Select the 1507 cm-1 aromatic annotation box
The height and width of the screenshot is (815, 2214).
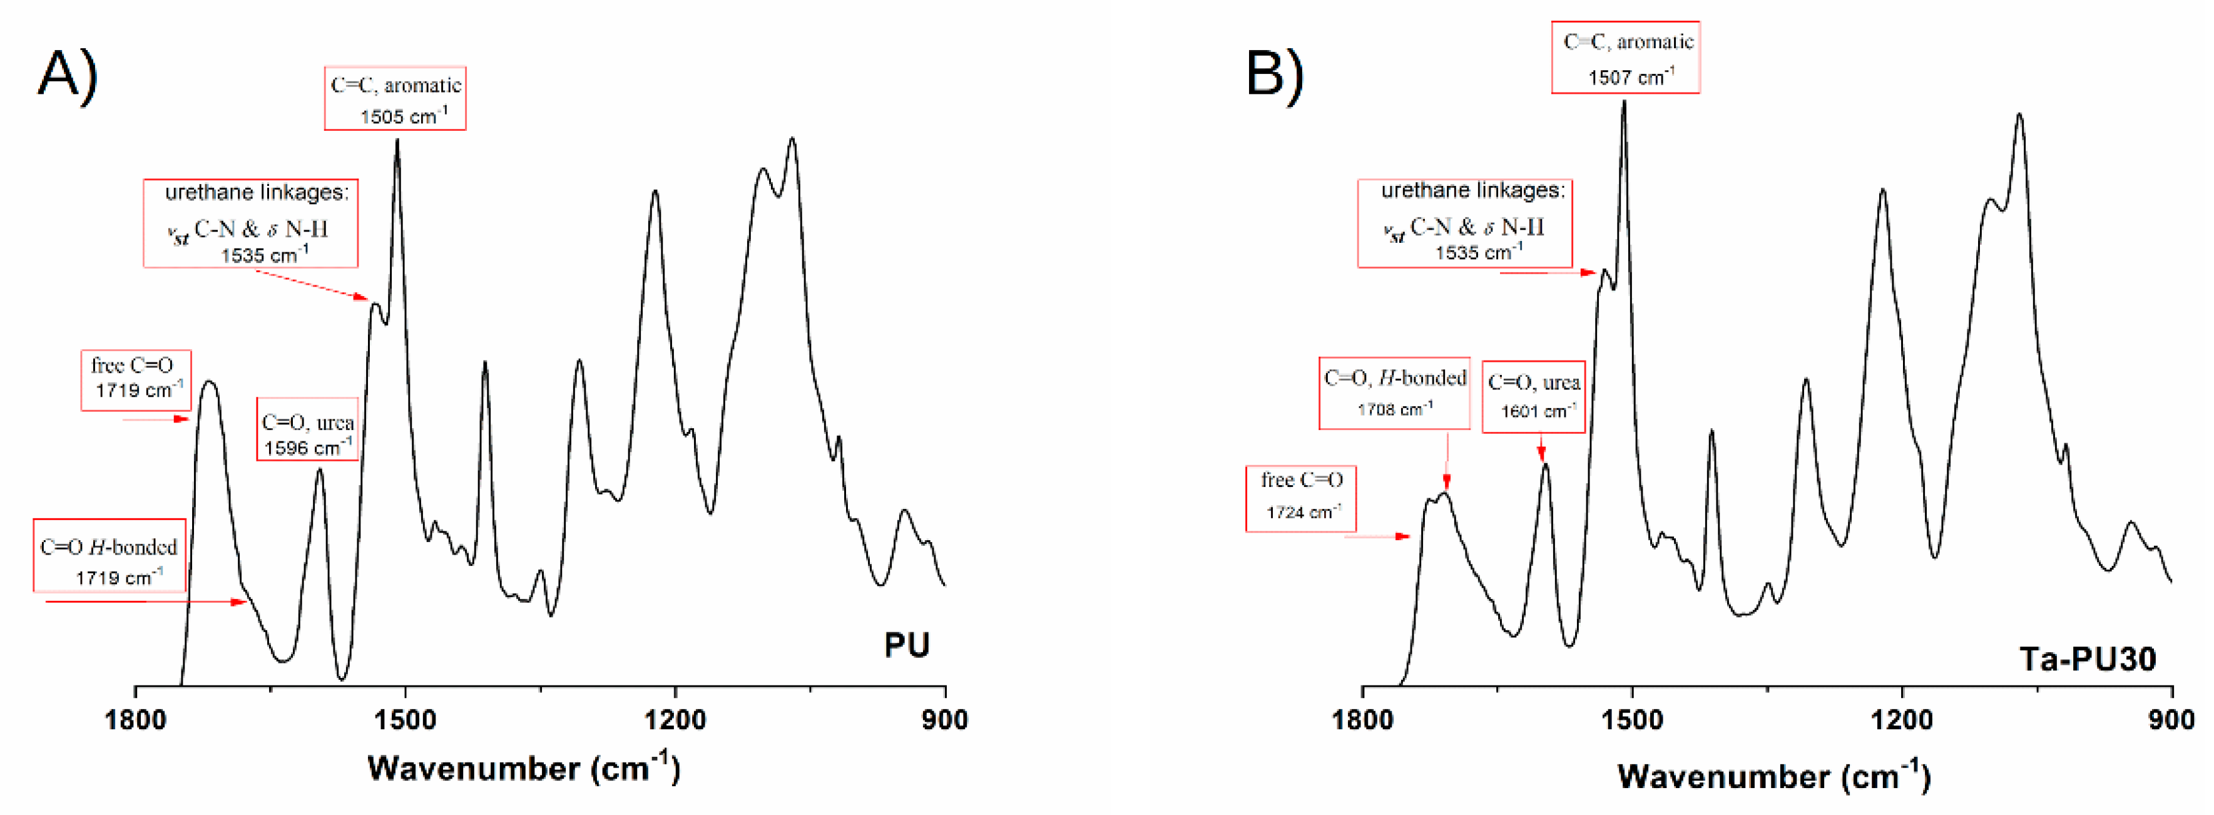point(1625,58)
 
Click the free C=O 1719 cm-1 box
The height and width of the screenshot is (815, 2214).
point(136,379)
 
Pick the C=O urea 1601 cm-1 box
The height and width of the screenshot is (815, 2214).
point(1533,396)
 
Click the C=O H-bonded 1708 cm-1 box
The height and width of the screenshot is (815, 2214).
point(1394,393)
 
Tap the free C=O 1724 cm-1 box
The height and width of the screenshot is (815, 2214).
point(1300,498)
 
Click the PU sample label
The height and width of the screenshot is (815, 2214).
point(906,645)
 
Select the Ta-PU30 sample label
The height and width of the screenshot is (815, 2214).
point(2087,659)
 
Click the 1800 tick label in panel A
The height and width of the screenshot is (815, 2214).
point(135,719)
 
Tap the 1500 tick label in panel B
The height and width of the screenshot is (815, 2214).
point(1631,719)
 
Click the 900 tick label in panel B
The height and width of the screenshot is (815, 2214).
point(2171,719)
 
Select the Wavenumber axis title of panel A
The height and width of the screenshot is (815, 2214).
point(523,767)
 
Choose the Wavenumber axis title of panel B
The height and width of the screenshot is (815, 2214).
point(1774,776)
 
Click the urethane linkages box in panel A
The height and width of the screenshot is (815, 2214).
point(250,223)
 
